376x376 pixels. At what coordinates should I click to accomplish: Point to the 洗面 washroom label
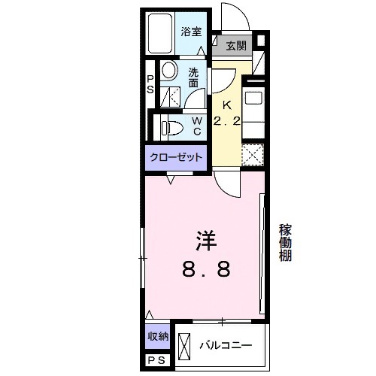(x=194, y=78)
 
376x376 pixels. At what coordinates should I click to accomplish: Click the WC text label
(x=196, y=126)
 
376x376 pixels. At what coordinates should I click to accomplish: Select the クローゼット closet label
(x=177, y=157)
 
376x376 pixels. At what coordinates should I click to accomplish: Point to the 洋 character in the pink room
(x=205, y=241)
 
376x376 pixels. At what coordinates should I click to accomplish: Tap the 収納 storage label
(x=158, y=336)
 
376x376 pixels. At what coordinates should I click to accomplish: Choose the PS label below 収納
(x=156, y=362)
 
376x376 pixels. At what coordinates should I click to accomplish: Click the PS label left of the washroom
(x=150, y=84)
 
